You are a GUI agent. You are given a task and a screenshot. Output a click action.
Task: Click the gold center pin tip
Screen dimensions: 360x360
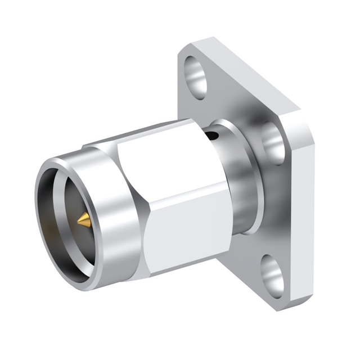(83, 221)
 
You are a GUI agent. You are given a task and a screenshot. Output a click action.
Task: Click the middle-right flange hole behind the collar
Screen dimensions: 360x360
(274, 143)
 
